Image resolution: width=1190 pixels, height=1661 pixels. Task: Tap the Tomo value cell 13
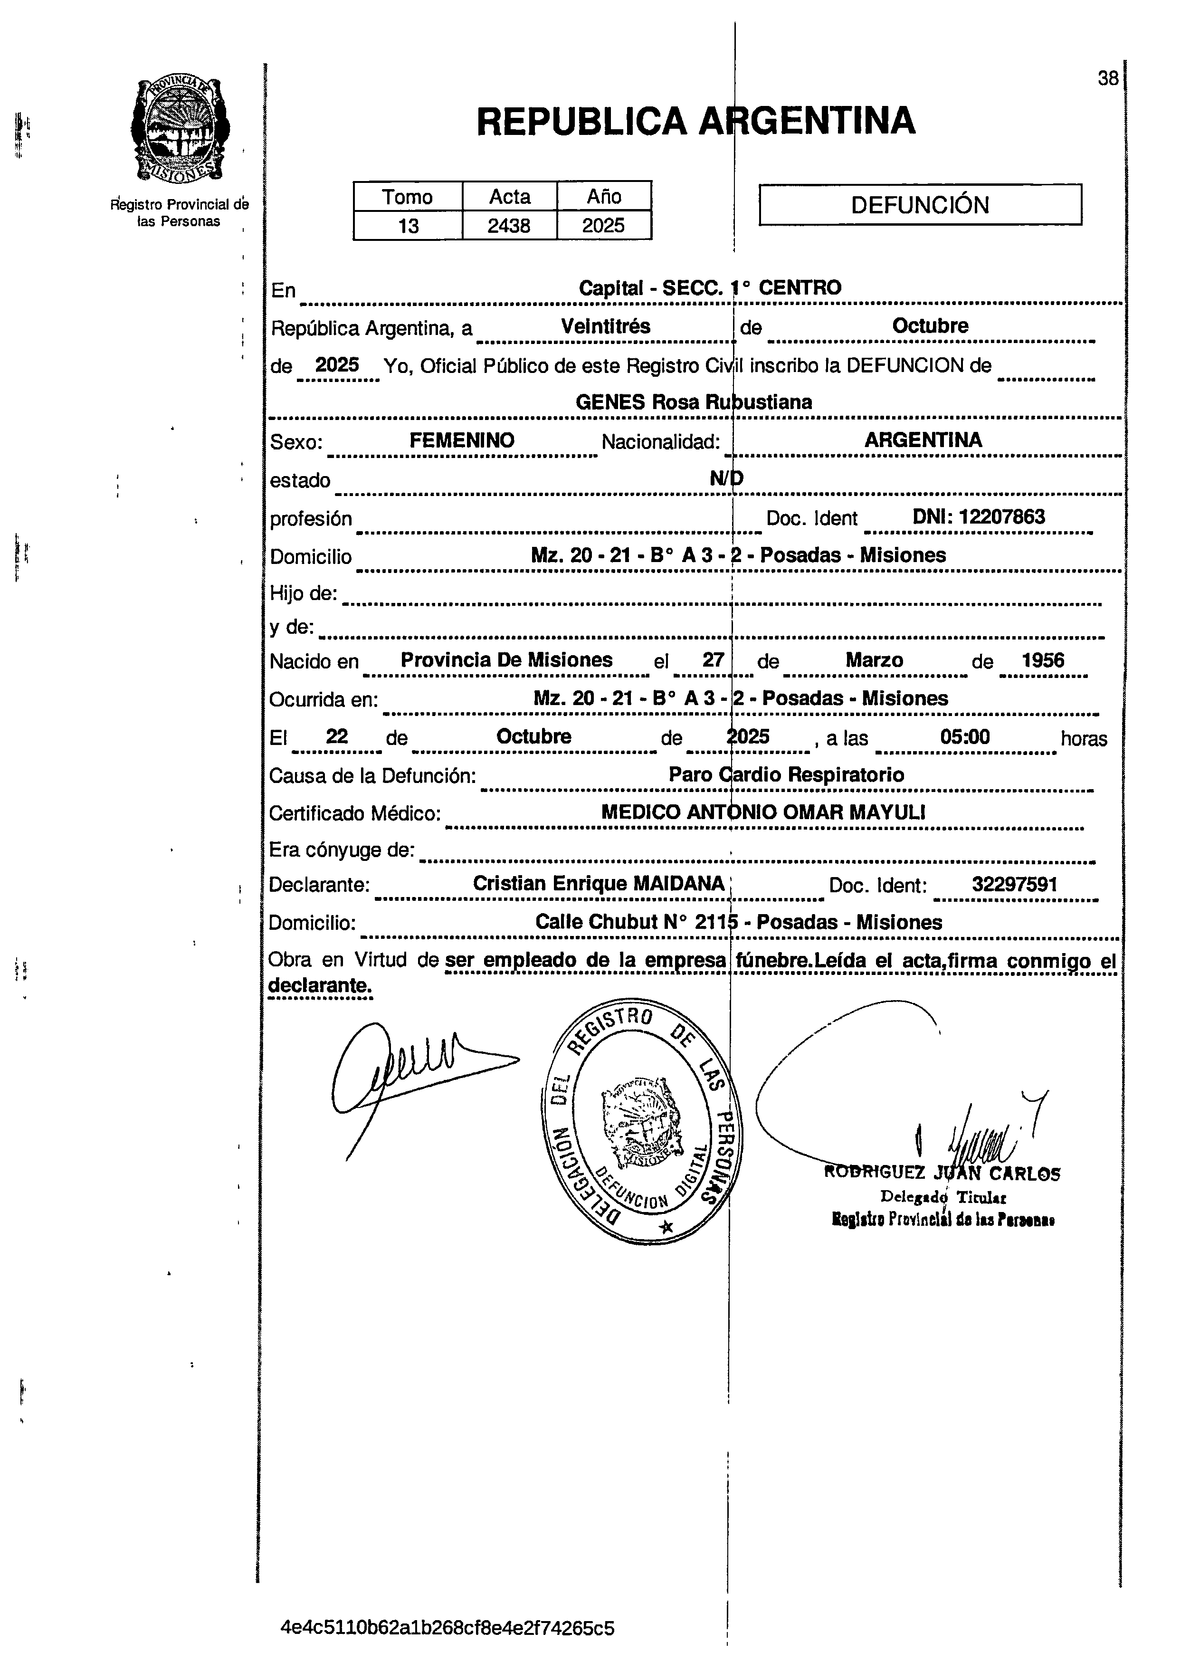[x=408, y=226]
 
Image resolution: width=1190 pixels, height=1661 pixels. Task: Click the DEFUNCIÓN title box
[x=920, y=204]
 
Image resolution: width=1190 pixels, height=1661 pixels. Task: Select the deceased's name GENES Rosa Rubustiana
[x=694, y=402]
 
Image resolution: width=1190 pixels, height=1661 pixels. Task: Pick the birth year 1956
[x=1043, y=660]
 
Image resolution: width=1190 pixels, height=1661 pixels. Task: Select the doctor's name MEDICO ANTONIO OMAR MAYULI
[x=763, y=812]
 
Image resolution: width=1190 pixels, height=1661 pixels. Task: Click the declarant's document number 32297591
[x=1014, y=884]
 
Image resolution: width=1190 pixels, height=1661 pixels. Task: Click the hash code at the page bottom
[x=447, y=1628]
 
